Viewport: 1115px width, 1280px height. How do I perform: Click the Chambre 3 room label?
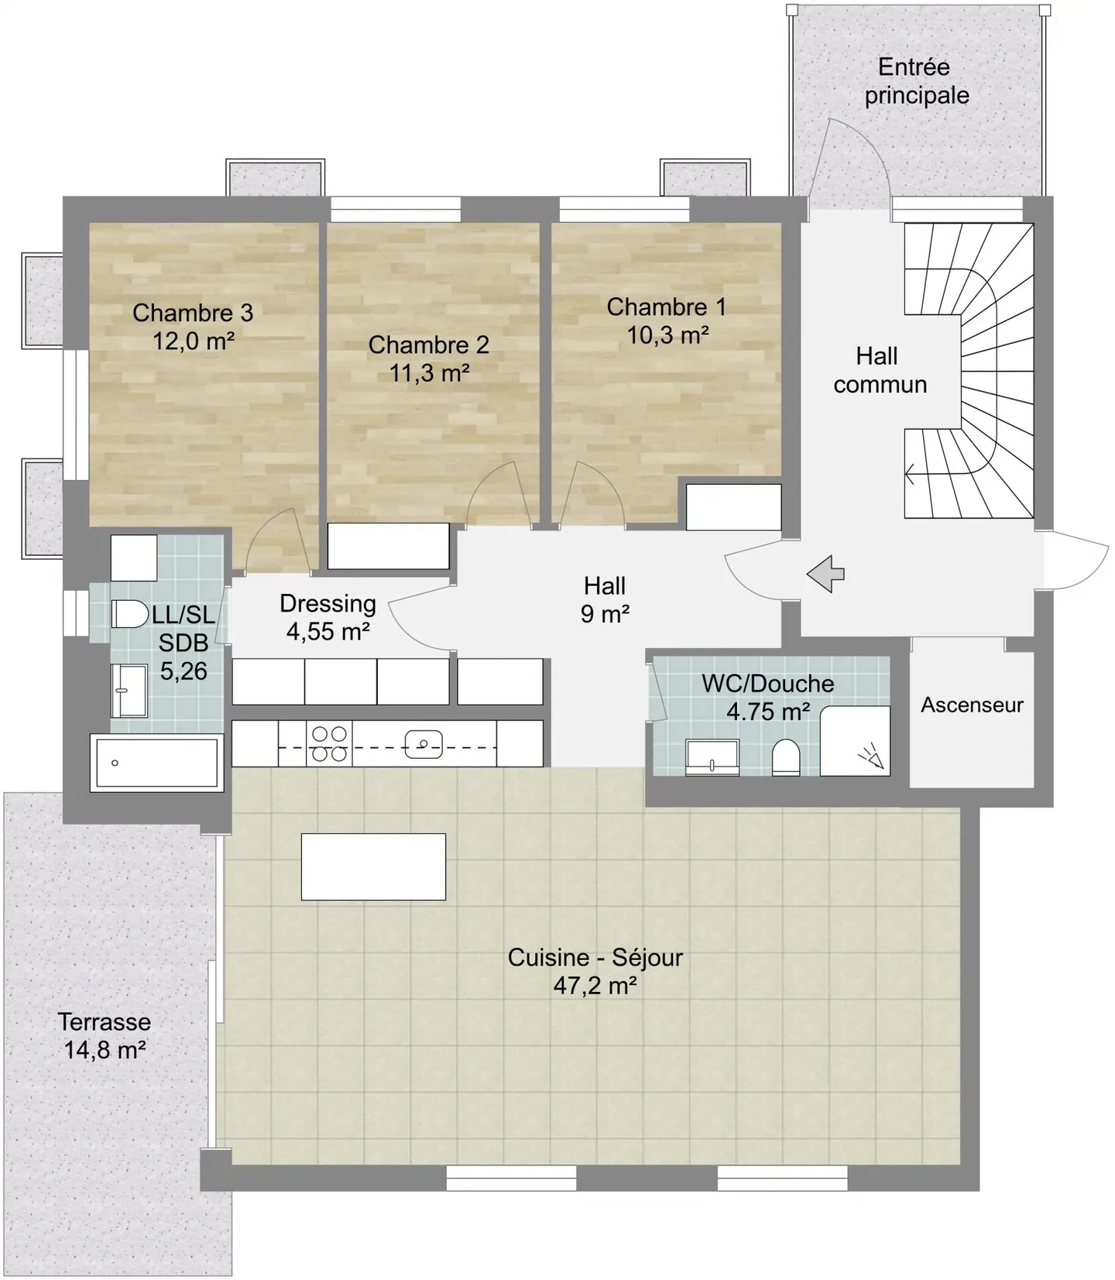pyautogui.click(x=193, y=313)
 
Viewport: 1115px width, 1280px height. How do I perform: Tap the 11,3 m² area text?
pyautogui.click(x=429, y=373)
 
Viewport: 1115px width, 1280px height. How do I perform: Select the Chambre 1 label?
pyautogui.click(x=666, y=307)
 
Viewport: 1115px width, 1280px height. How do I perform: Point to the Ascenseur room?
pyautogui.click(x=972, y=705)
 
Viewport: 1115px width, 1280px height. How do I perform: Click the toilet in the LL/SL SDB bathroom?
pyautogui.click(x=129, y=615)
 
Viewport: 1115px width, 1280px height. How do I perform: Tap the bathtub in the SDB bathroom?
pyautogui.click(x=156, y=764)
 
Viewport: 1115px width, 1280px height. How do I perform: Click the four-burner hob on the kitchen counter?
pyautogui.click(x=329, y=743)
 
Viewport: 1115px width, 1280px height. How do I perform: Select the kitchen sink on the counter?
pyautogui.click(x=424, y=744)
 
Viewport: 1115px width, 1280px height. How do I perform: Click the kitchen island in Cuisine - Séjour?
pyautogui.click(x=373, y=866)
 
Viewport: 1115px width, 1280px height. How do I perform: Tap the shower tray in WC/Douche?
pyautogui.click(x=855, y=741)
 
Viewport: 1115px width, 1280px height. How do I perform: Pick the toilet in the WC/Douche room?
pyautogui.click(x=786, y=757)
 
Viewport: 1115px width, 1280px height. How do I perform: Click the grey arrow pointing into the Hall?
pyautogui.click(x=825, y=575)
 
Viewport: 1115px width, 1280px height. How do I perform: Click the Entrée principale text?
pyautogui.click(x=916, y=81)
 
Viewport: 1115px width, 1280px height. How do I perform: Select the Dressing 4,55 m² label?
pyautogui.click(x=328, y=618)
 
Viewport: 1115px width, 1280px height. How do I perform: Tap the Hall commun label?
pyautogui.click(x=879, y=371)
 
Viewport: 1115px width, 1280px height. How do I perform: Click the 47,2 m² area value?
pyautogui.click(x=595, y=986)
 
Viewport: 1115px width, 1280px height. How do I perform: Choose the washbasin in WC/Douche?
pyautogui.click(x=712, y=757)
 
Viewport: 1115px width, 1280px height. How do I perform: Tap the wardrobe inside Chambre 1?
pyautogui.click(x=733, y=507)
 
